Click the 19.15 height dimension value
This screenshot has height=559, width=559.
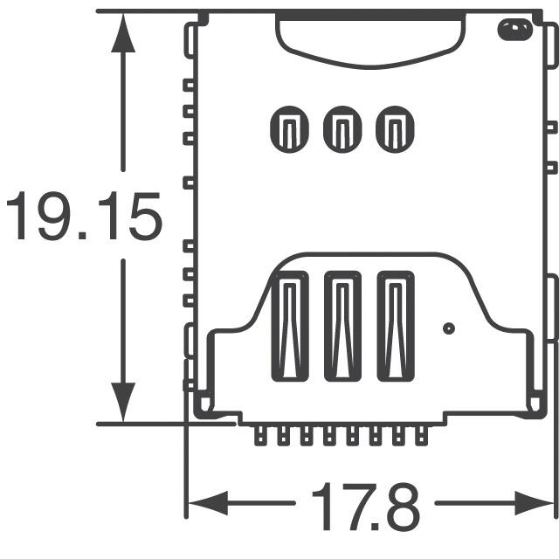[85, 217]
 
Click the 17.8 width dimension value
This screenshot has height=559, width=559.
[365, 506]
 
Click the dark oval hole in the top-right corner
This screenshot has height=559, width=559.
[514, 31]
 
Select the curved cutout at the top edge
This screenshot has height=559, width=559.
[369, 39]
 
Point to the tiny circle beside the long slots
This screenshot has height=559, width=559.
[449, 328]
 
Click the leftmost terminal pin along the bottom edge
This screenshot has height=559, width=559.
[260, 436]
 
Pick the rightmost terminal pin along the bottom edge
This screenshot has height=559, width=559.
[424, 436]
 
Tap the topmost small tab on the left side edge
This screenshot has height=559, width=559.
[188, 86]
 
